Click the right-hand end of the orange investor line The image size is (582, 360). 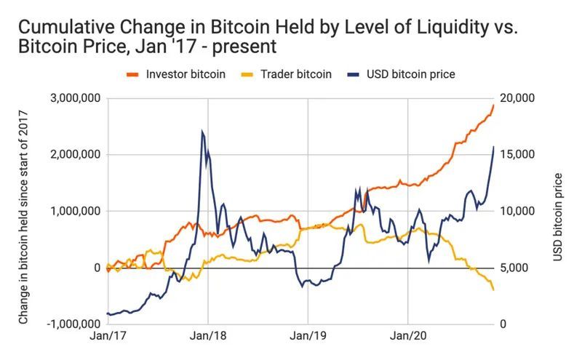click(494, 105)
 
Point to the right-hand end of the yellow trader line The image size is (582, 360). click(494, 290)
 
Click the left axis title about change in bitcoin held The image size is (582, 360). click(23, 215)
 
